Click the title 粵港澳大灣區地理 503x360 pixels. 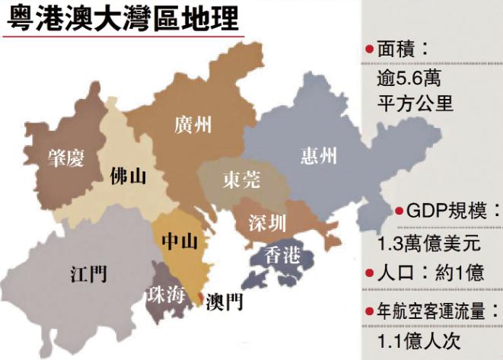point(121,18)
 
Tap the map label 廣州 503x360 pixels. point(192,125)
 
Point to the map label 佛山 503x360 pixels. point(127,177)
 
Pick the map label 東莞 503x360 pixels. point(242,180)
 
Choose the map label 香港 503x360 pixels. point(281,255)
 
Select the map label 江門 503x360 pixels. point(88,273)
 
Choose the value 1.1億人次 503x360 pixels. point(421,340)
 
